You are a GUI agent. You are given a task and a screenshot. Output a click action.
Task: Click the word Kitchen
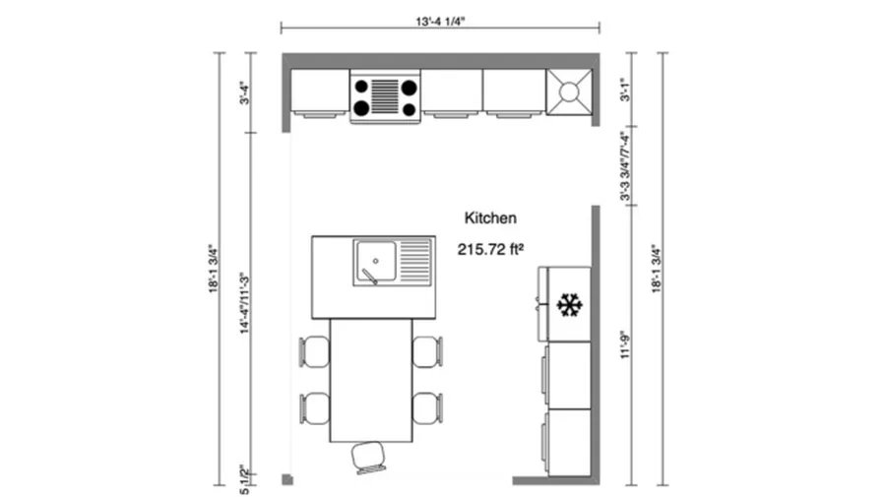click(x=490, y=217)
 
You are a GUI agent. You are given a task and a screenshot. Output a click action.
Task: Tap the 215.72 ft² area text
click(x=489, y=250)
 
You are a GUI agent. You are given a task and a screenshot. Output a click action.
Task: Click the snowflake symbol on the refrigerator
click(x=569, y=305)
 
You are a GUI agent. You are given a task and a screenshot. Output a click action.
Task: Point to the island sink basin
click(x=375, y=262)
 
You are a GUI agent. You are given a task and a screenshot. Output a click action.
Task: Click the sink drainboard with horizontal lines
click(x=415, y=262)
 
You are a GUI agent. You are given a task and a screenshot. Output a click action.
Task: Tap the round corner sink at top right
click(x=569, y=92)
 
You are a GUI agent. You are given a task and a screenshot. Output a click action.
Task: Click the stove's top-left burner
click(x=362, y=87)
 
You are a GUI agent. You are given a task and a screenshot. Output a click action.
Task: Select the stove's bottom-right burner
click(x=408, y=107)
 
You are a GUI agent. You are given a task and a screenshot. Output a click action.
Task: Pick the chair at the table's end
click(x=370, y=457)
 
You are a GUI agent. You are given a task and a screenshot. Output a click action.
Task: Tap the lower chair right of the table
click(x=427, y=407)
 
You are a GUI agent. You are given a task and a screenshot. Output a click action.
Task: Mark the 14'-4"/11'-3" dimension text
click(x=242, y=303)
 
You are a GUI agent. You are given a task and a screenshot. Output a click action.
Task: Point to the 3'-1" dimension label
click(x=623, y=91)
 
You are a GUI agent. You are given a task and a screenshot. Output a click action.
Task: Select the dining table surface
click(x=370, y=380)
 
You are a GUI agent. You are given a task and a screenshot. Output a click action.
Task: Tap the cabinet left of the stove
click(x=319, y=92)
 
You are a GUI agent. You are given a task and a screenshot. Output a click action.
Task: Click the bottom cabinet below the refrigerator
click(x=568, y=442)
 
